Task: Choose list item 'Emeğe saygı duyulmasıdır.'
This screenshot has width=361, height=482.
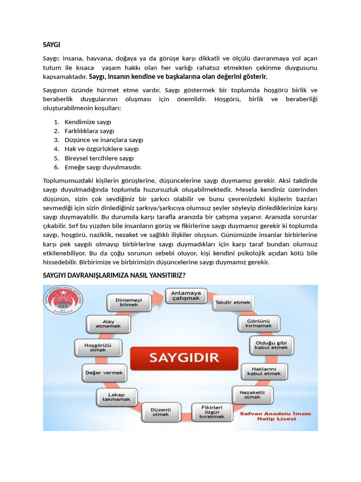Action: pyautogui.click(x=103, y=167)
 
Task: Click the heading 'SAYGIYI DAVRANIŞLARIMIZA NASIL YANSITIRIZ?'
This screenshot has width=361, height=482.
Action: pyautogui.click(x=114, y=275)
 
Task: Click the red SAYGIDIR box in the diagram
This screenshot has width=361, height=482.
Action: pyautogui.click(x=184, y=357)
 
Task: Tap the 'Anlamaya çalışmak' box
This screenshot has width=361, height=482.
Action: pyautogui.click(x=186, y=296)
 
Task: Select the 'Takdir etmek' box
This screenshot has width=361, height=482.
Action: pyautogui.click(x=233, y=302)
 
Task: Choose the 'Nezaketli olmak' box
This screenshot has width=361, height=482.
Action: pyautogui.click(x=252, y=394)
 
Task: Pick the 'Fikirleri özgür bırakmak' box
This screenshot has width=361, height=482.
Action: pyautogui.click(x=212, y=411)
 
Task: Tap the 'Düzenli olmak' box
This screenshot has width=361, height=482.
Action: pyautogui.click(x=160, y=411)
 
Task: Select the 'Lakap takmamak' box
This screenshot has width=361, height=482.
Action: pyautogui.click(x=116, y=397)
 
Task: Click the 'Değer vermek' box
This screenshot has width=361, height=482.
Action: pyautogui.click(x=104, y=372)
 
